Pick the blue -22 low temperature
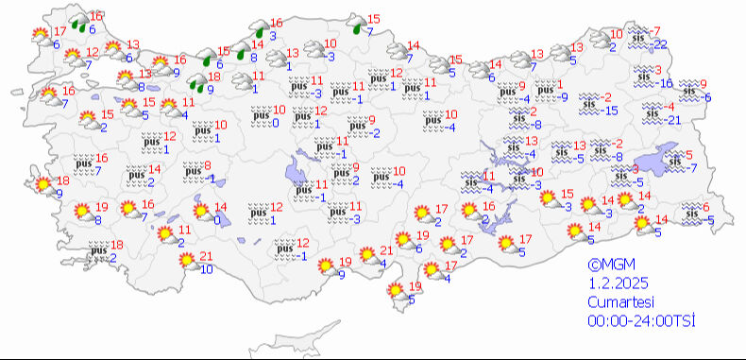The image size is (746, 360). [660, 44]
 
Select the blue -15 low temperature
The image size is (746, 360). [610, 111]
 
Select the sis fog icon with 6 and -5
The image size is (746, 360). [691, 214]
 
